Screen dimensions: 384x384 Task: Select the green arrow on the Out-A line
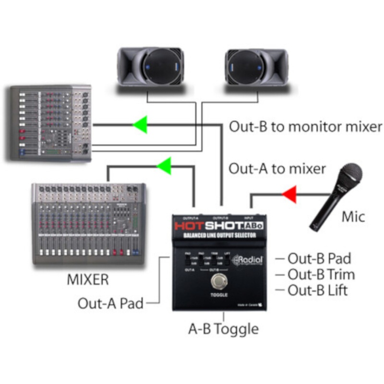165,166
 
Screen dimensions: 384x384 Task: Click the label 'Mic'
353,216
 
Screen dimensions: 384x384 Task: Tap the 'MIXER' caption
88,279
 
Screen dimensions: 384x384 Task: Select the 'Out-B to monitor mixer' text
305,127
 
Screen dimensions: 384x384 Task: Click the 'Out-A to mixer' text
277,168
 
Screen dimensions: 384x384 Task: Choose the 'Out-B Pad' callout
319,258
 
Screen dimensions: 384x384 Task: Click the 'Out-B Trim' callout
321,275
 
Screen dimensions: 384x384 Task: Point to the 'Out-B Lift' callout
318,290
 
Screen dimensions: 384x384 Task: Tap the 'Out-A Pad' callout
110,303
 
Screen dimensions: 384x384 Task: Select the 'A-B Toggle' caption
223,329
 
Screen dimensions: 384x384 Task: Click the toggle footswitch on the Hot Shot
219,282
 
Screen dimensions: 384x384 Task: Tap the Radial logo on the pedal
248,260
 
